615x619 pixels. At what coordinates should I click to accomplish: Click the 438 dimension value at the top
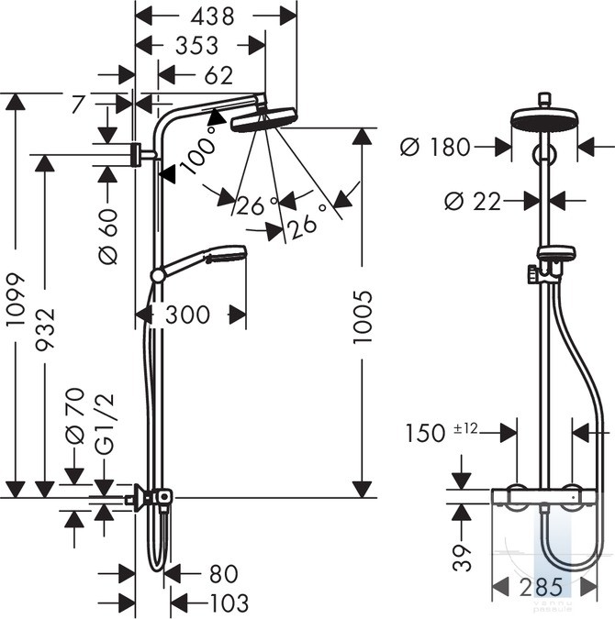(x=213, y=17)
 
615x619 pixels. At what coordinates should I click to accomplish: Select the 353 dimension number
(x=196, y=46)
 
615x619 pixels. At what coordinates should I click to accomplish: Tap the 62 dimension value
(x=218, y=75)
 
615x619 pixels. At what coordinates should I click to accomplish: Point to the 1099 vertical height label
(x=17, y=298)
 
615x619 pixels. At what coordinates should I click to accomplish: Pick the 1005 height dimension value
(x=362, y=316)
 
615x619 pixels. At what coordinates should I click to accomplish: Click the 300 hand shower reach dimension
(x=187, y=315)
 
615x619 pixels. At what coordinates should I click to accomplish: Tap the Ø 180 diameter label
(x=435, y=147)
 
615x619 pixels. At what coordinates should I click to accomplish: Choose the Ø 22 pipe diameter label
(x=473, y=202)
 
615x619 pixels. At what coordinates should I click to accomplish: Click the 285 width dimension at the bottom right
(x=541, y=587)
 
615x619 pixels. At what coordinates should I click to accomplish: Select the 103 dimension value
(x=229, y=602)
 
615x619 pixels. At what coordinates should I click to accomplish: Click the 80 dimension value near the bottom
(x=224, y=573)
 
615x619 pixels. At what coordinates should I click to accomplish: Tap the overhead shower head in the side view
(x=263, y=118)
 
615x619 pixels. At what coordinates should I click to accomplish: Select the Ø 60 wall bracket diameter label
(x=108, y=237)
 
